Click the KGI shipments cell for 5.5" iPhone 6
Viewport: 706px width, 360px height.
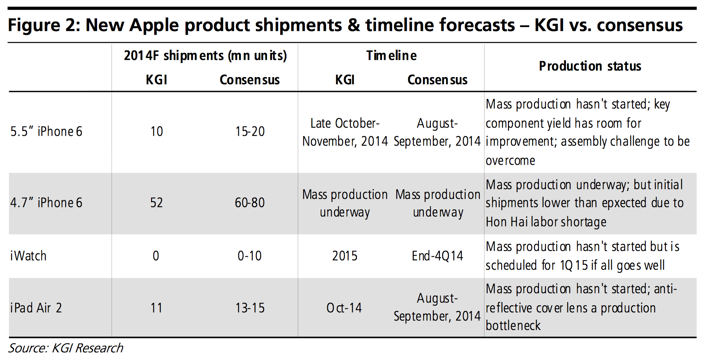pyautogui.click(x=157, y=131)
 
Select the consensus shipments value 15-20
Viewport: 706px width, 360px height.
pyautogui.click(x=250, y=131)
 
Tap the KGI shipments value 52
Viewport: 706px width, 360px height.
pyautogui.click(x=157, y=203)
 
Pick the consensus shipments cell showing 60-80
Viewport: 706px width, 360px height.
pyautogui.click(x=250, y=203)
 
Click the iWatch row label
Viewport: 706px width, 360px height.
pyautogui.click(x=29, y=256)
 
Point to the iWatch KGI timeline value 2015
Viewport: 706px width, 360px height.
pyautogui.click(x=345, y=256)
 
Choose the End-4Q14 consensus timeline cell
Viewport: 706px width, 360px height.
pyautogui.click(x=437, y=256)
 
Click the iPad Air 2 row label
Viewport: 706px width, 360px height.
pyautogui.click(x=36, y=308)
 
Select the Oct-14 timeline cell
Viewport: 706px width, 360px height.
pyautogui.click(x=344, y=308)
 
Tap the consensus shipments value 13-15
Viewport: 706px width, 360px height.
pyautogui.click(x=250, y=308)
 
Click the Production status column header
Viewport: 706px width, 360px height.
pyautogui.click(x=590, y=66)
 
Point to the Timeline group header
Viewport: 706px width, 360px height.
pyautogui.click(x=391, y=56)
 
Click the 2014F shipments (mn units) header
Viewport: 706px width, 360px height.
pyautogui.click(x=205, y=56)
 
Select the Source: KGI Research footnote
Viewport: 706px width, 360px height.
pyautogui.click(x=66, y=348)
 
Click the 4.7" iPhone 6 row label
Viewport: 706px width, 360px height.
pyautogui.click(x=46, y=203)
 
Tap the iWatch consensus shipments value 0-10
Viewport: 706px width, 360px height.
pyautogui.click(x=250, y=256)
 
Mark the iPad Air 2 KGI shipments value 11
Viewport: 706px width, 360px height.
pyautogui.click(x=157, y=308)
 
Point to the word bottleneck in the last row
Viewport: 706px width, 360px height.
pyautogui.click(x=513, y=326)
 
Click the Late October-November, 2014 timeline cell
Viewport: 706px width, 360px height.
pyautogui.click(x=345, y=132)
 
